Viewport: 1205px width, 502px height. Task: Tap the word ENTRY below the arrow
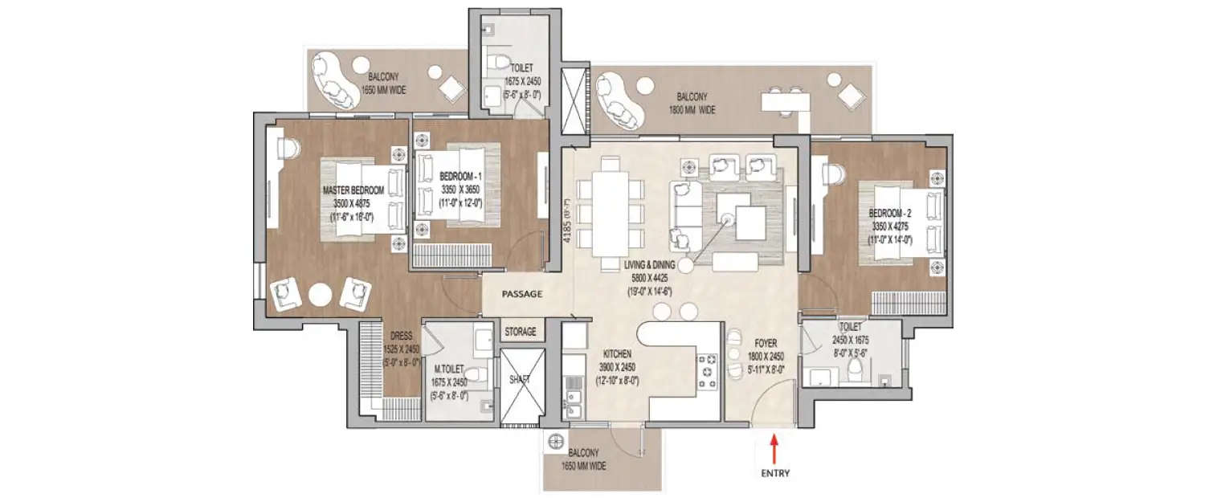[774, 473]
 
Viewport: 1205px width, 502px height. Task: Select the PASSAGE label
[522, 294]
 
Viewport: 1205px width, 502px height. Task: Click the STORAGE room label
[520, 331]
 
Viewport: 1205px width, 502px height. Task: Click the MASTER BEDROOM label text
[353, 190]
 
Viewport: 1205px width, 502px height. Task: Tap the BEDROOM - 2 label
[889, 214]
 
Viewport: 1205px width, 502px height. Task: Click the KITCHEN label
[617, 353]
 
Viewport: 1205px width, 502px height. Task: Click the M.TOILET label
[450, 369]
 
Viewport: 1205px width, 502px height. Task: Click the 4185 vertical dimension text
[566, 227]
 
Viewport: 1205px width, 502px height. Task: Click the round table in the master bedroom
[320, 295]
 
